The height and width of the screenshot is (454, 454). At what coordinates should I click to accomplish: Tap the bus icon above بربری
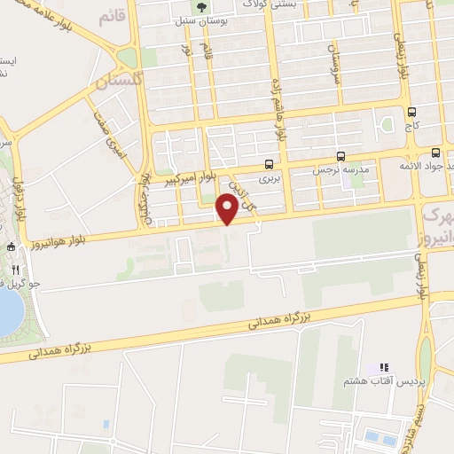point(269,163)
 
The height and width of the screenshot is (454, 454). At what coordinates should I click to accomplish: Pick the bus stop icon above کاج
point(411,112)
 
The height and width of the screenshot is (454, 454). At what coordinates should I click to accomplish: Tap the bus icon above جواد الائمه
point(435,153)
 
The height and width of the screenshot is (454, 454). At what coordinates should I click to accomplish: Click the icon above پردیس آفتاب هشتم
point(384,366)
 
